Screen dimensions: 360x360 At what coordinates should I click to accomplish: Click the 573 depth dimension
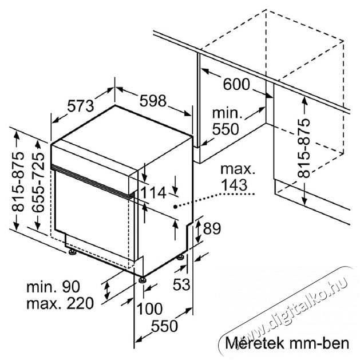click(x=81, y=106)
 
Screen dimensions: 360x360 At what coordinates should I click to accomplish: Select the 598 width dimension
click(x=153, y=101)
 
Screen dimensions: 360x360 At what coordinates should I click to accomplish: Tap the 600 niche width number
click(x=236, y=84)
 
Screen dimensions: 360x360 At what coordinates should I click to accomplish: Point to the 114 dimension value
click(x=153, y=192)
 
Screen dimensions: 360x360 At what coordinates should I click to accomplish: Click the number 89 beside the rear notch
click(x=212, y=228)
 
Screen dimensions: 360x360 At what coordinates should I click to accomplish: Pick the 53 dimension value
click(x=181, y=284)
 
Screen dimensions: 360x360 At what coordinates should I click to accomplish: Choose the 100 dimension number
click(x=149, y=308)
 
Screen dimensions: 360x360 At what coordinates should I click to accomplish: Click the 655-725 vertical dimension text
click(x=38, y=183)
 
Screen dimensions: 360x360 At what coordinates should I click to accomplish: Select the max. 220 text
click(x=60, y=303)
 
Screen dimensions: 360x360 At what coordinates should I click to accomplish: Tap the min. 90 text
click(x=53, y=286)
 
